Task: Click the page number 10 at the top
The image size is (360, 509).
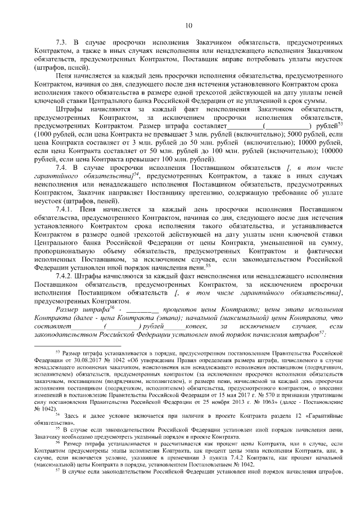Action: coord(188,25)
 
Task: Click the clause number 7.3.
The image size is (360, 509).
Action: coord(62,43)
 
